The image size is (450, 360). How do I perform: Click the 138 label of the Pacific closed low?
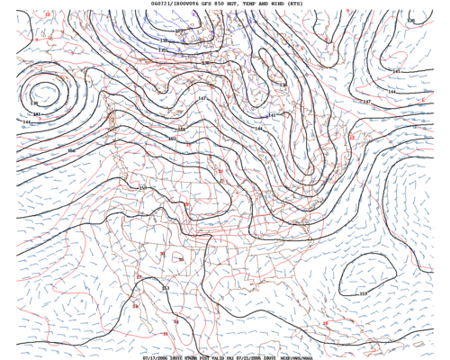coord(34,103)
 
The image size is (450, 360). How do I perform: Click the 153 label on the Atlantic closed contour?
coord(364,293)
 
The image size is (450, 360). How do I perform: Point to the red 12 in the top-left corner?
coord(48,15)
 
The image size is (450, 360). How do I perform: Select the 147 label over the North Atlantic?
coord(366,102)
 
